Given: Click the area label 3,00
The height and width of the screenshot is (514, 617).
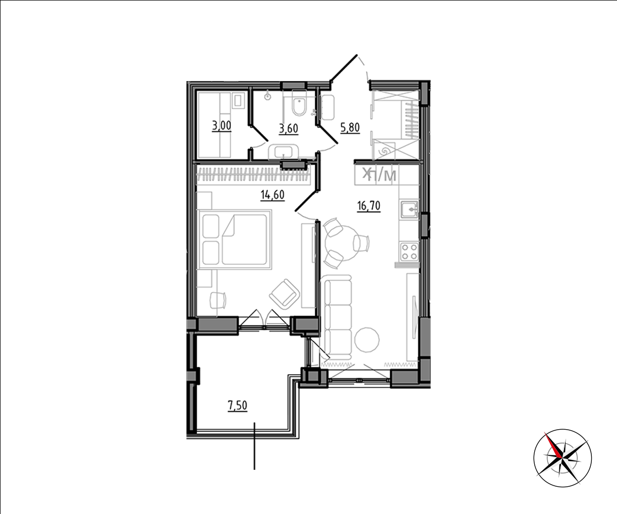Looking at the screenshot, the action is pos(221,126).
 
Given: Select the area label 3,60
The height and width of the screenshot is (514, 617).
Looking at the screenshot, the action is pos(288,129).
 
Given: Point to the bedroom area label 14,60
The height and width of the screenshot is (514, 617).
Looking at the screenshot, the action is pos(273,195).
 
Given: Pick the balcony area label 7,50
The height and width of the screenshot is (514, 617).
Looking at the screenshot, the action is pos(237,406).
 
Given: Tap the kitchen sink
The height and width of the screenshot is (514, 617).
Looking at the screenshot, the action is pos(409,210).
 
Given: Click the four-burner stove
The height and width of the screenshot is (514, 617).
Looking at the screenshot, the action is pos(409,251).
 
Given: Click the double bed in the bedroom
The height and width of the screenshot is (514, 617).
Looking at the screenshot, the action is pos(235,240).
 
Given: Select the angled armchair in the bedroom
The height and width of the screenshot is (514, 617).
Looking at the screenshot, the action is pos(284,294).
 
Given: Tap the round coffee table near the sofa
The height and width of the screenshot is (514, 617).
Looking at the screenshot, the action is pos(367,340).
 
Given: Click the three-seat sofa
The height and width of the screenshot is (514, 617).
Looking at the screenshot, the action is pos(338,316).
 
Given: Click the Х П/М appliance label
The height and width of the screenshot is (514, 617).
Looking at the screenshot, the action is pos(379,175).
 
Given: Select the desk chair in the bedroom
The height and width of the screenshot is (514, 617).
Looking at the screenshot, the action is pos(218,300).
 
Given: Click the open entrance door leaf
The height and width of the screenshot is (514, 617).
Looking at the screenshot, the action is pos(343,68).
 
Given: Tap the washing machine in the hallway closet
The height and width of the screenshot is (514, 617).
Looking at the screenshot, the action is pos(385,151).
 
